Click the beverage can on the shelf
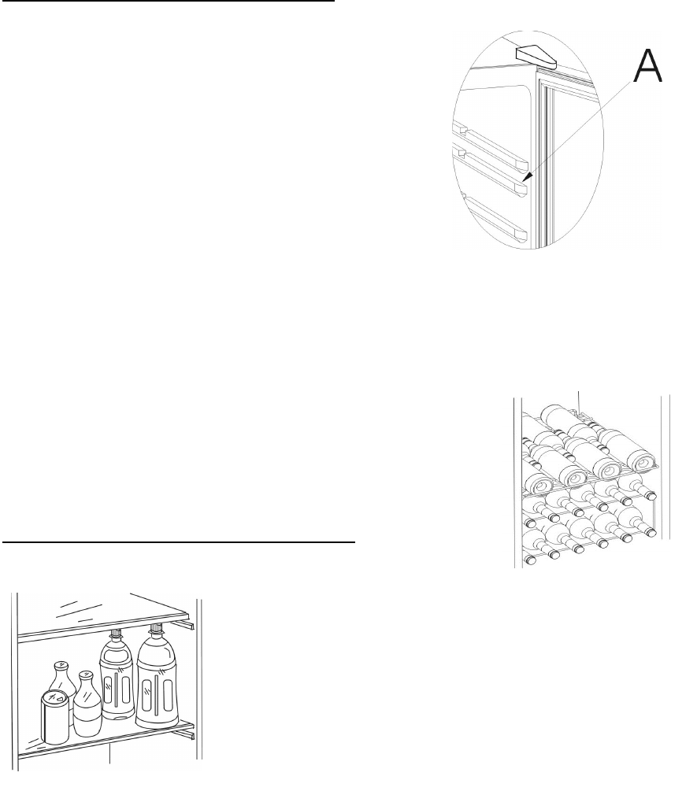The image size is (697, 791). click(55, 717)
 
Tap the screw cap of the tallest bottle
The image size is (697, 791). click(154, 628)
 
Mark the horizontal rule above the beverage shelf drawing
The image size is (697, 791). click(180, 542)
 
